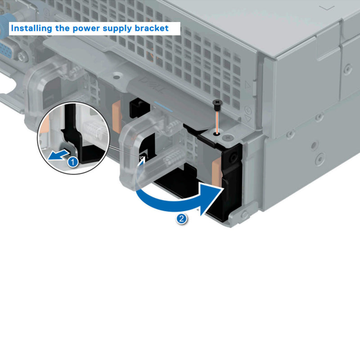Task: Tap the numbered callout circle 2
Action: (x=181, y=219)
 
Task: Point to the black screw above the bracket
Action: (x=217, y=104)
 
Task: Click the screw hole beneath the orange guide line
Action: (x=217, y=133)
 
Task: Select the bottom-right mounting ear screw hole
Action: (x=245, y=215)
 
